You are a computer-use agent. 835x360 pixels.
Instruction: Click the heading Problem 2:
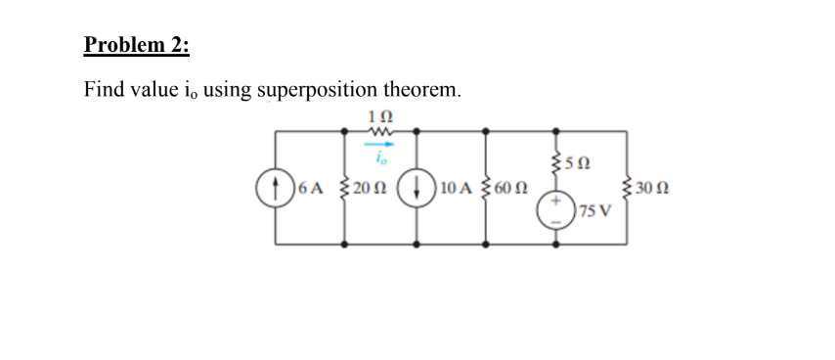click(x=138, y=45)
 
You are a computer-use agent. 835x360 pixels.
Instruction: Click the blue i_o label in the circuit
click(x=382, y=156)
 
